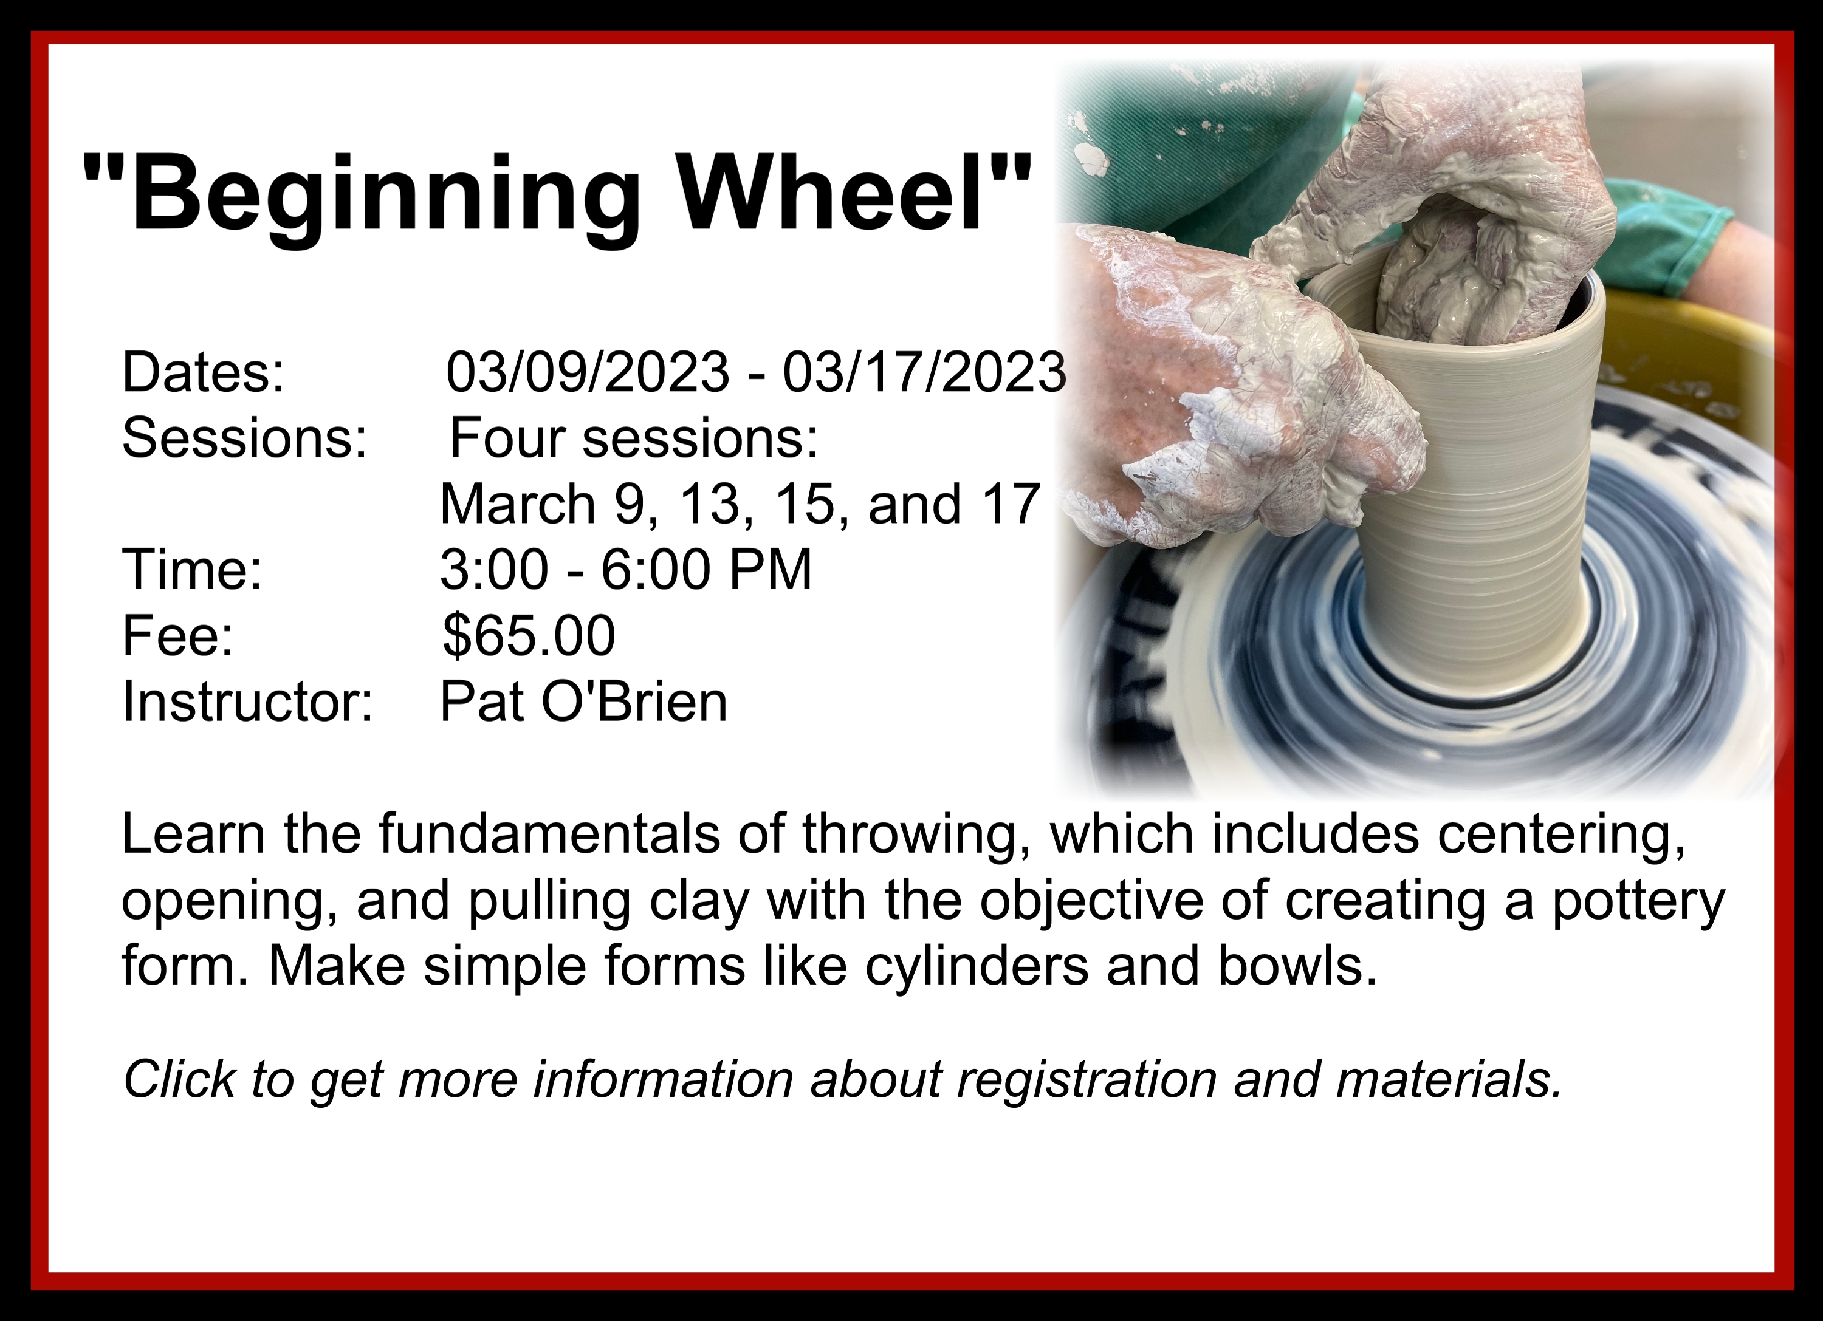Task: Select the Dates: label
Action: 204,372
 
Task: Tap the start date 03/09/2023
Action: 588,372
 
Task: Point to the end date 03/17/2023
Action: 924,372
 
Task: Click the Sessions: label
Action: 244,438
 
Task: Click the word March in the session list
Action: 518,504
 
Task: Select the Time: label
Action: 192,570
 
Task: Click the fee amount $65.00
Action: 529,635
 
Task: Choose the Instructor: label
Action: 247,701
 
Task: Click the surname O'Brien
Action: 634,701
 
